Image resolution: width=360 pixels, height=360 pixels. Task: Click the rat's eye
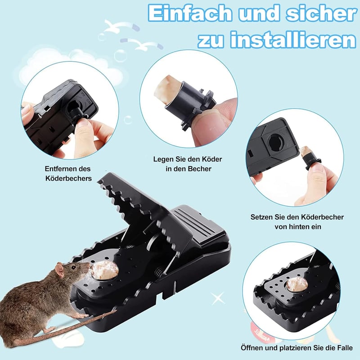(73, 267)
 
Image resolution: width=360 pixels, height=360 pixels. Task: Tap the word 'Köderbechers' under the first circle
(68, 178)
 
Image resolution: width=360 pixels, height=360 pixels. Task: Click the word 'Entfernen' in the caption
(58, 169)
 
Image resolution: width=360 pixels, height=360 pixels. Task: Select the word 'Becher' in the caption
(199, 169)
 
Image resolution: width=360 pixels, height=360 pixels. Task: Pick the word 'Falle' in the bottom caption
(344, 347)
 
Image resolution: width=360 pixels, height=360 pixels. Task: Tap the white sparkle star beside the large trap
(218, 298)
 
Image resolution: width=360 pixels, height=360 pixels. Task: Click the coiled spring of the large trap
(159, 273)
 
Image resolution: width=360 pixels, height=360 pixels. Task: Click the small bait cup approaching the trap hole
(309, 158)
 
